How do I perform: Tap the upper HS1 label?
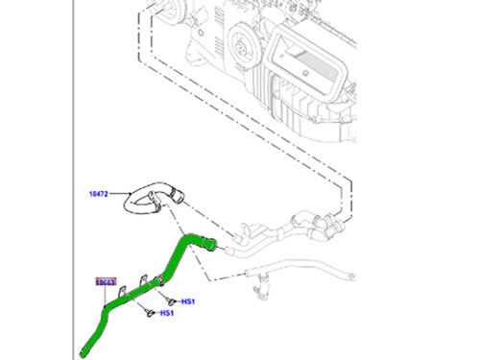(188, 301)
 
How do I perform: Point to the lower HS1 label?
(166, 313)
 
